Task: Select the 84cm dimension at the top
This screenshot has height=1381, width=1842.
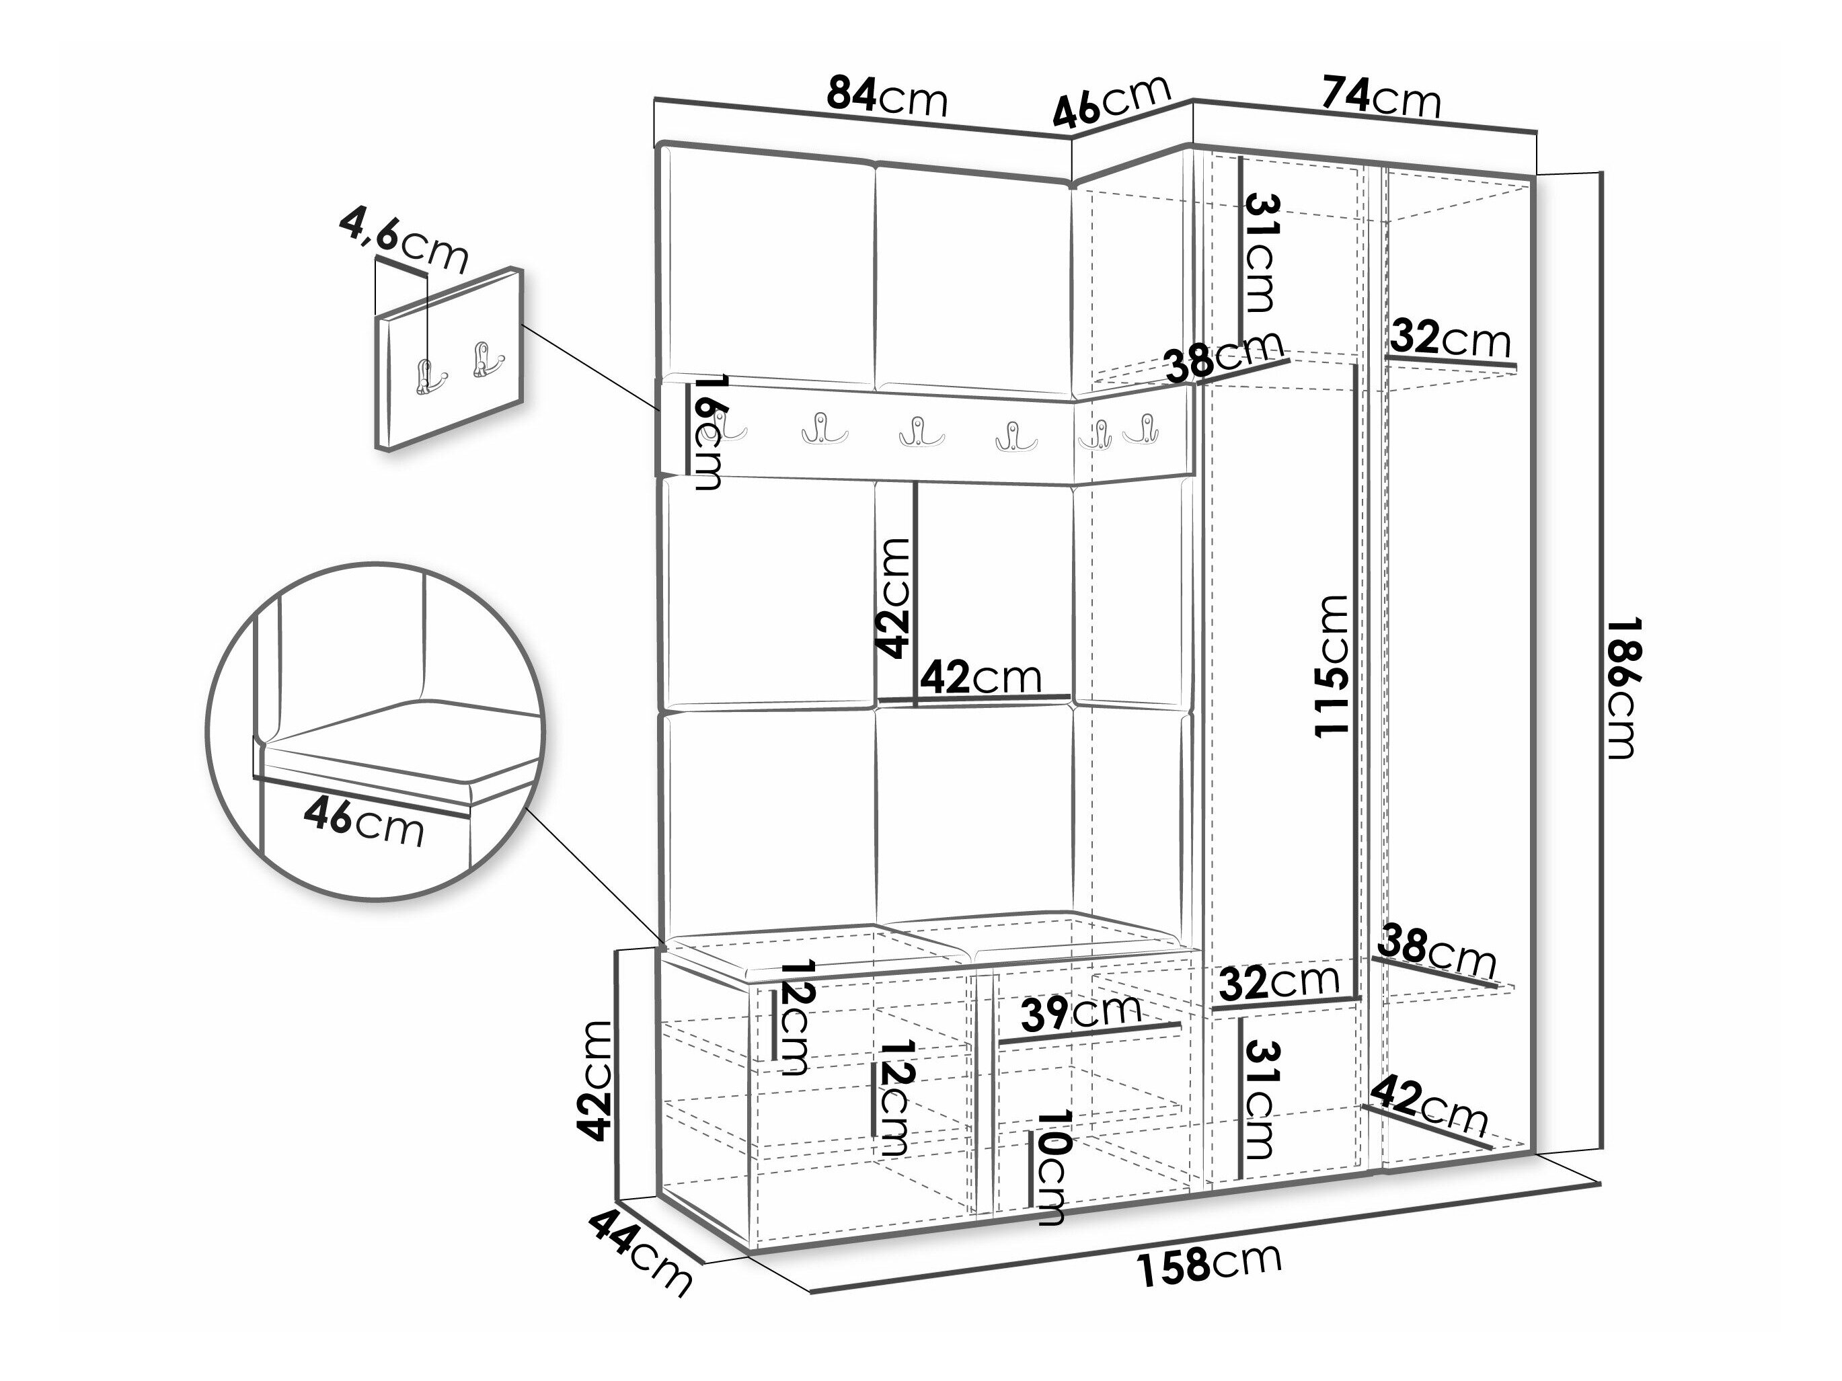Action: click(887, 97)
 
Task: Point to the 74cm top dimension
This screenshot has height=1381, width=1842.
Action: click(1381, 97)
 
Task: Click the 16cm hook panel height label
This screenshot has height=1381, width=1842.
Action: click(709, 432)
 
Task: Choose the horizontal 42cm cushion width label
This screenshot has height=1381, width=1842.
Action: click(980, 678)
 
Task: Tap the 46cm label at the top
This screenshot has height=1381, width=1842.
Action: click(1112, 100)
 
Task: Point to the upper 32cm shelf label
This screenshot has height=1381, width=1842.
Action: click(1450, 339)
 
